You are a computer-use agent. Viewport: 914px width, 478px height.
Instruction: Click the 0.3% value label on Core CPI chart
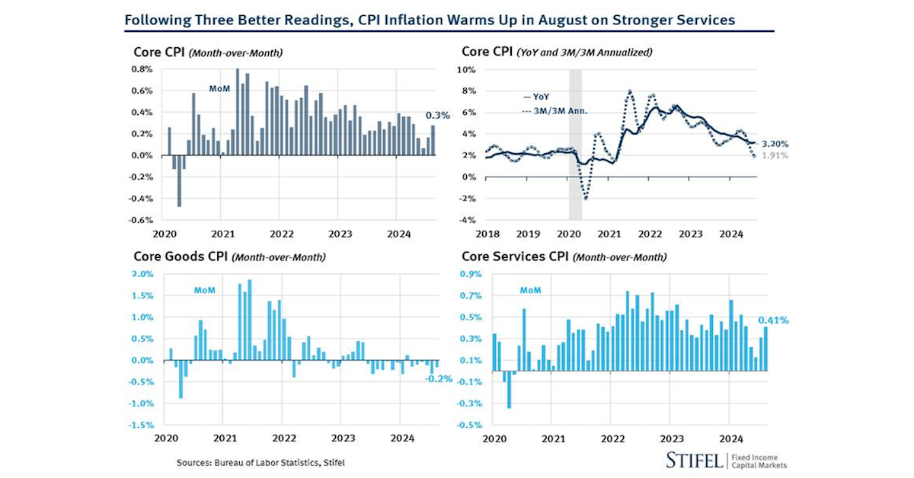(439, 116)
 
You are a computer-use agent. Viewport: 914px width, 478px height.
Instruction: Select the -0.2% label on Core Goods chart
(439, 378)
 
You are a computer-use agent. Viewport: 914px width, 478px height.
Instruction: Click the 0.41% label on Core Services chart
(773, 320)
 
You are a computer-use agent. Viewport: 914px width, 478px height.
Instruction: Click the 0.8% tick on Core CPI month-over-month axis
(141, 69)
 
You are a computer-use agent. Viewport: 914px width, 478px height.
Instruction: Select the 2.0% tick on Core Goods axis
(142, 274)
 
